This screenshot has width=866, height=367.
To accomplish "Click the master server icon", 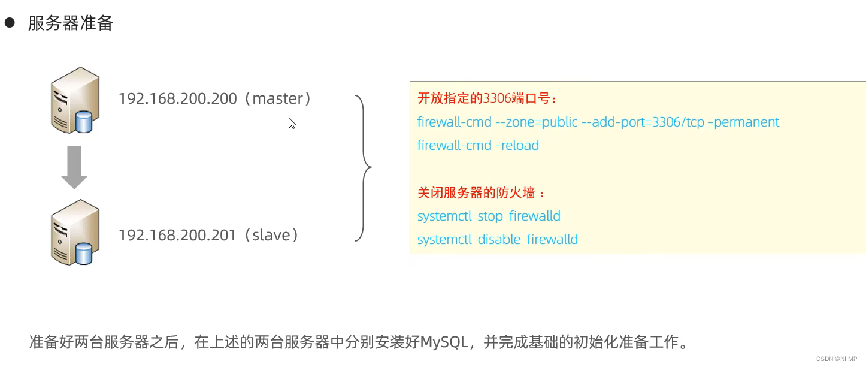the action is coord(74,100).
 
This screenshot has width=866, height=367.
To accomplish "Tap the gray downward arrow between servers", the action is coord(74,167).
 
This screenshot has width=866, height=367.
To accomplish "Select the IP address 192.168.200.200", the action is coord(178,99).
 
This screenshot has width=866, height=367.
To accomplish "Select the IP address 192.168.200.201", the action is coord(178,235).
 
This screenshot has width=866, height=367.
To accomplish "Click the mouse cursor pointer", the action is coord(292,123).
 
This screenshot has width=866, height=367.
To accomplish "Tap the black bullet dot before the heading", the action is coord(10,23).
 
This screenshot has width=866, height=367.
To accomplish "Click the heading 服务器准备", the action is coord(71,23).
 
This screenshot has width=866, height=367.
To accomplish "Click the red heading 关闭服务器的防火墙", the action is coord(479,193).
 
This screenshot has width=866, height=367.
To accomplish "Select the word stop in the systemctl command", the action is coord(490,216).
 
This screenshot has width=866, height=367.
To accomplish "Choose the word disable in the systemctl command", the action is coord(499,240).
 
